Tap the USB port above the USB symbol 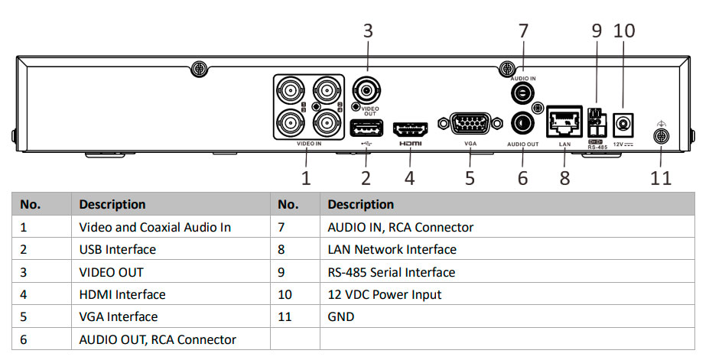point(364,127)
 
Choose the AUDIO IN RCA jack point(523,92)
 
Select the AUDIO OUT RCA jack point(523,122)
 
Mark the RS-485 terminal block point(597,121)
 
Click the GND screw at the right point(660,137)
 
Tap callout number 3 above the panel point(368,31)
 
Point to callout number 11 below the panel point(661,178)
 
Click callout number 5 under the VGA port point(470,178)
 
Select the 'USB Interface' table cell point(117,249)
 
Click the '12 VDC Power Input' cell point(384,294)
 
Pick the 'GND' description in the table point(340,316)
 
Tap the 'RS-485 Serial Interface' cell point(391,272)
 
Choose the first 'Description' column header point(112,204)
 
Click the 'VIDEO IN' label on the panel point(308,143)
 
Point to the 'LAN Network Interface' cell point(392,249)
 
